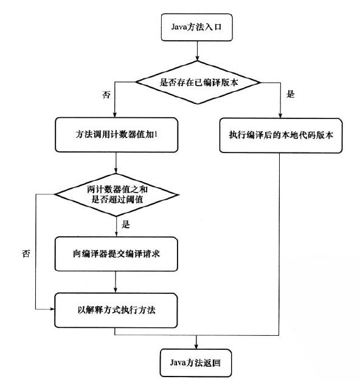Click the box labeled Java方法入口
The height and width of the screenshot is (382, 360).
(x=196, y=27)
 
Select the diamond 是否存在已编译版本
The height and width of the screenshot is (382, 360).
(x=198, y=83)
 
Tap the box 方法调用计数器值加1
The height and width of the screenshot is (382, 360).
(x=116, y=135)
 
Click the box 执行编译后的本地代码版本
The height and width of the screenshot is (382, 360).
(x=281, y=135)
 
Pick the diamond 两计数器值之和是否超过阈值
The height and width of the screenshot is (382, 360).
(x=116, y=195)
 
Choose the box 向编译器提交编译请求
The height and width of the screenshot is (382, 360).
(x=116, y=254)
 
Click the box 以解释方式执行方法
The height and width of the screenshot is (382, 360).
(x=116, y=310)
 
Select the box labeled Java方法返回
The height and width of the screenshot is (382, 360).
(x=196, y=363)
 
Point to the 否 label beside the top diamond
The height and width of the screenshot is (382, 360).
(x=106, y=95)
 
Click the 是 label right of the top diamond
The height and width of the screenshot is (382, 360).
(x=291, y=94)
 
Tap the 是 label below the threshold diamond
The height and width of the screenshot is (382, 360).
(x=126, y=224)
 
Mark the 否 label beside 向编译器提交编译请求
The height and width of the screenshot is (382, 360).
(x=26, y=254)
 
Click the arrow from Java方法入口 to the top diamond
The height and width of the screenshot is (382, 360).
(x=197, y=51)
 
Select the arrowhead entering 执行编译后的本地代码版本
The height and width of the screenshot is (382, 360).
(x=280, y=115)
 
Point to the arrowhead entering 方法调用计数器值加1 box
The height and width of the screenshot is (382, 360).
(x=115, y=115)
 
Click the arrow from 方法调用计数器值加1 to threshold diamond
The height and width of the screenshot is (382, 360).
(x=116, y=163)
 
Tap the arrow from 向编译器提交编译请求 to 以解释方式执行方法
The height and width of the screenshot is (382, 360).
(x=116, y=282)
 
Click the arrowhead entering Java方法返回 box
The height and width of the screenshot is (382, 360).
(x=196, y=346)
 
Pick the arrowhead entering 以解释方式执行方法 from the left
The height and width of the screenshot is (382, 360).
(x=52, y=309)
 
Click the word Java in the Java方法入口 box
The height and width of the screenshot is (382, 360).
(x=179, y=27)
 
